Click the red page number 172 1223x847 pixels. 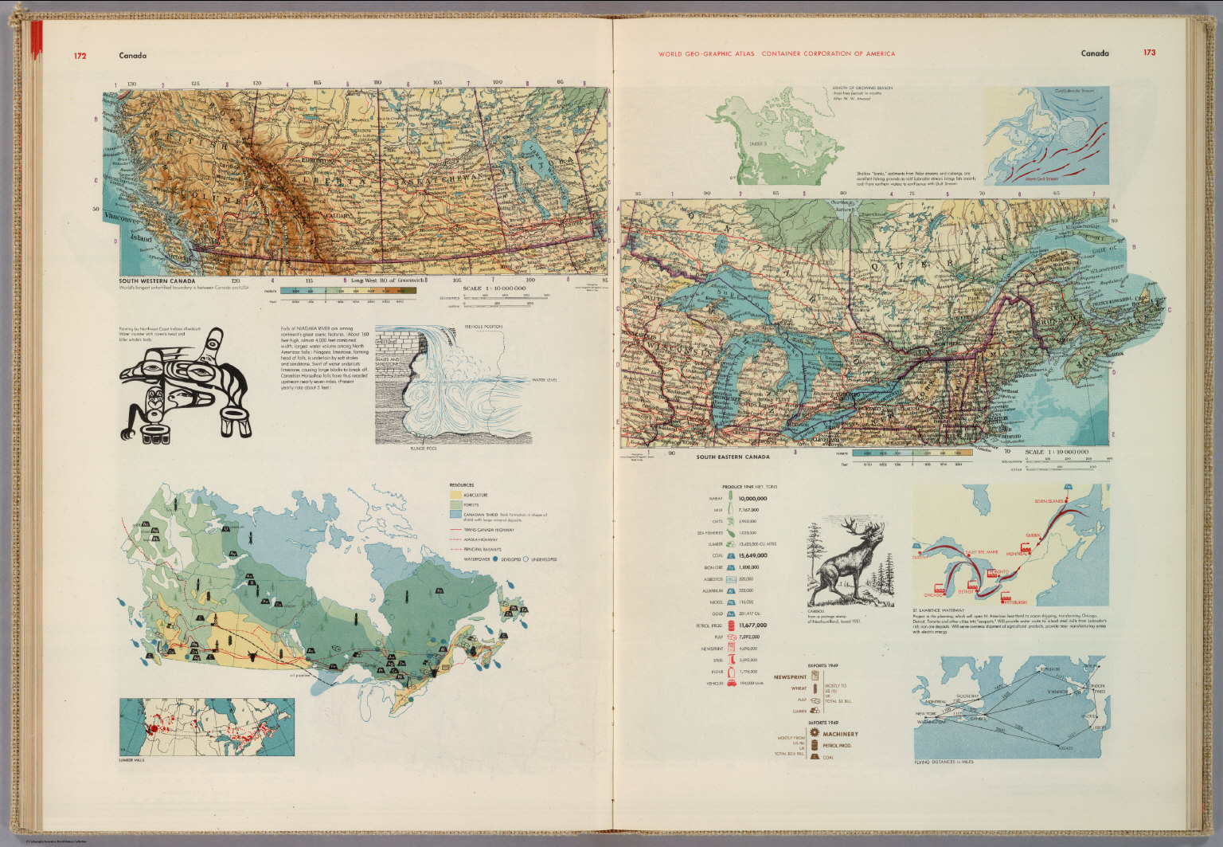(80, 56)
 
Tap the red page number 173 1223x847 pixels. (1149, 53)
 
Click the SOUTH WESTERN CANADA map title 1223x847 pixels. (157, 281)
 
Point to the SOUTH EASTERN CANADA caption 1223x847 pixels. (733, 457)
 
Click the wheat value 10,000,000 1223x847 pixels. (752, 499)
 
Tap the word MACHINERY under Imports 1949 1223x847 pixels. (841, 734)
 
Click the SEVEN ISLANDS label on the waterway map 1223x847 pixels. (1049, 501)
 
